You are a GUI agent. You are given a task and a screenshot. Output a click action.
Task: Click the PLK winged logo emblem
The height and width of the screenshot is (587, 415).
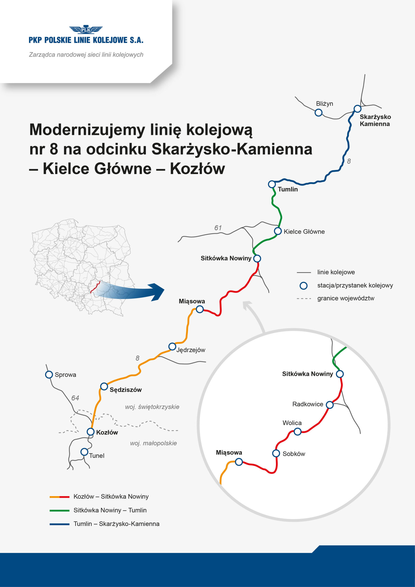click(86, 30)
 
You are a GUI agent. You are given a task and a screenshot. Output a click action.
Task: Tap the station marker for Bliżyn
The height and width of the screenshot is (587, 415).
click(318, 113)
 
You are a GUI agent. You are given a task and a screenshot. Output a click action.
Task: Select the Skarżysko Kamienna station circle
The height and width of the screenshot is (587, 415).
click(357, 109)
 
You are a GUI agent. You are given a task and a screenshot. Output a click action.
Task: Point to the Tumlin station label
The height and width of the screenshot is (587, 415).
click(288, 189)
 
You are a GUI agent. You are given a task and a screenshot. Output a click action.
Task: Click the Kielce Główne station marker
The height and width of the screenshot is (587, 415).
click(278, 231)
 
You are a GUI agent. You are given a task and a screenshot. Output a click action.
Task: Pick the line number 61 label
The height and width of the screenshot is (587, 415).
click(218, 227)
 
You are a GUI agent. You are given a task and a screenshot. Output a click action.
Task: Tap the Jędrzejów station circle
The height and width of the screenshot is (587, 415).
click(172, 347)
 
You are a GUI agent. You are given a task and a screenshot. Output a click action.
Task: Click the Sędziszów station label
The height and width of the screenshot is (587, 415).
click(126, 390)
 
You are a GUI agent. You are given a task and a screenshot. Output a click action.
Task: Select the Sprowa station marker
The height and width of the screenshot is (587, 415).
click(49, 374)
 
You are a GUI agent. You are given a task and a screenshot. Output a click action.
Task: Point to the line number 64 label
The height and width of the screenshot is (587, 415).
click(75, 398)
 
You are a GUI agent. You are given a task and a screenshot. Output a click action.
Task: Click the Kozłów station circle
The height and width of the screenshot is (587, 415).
click(91, 432)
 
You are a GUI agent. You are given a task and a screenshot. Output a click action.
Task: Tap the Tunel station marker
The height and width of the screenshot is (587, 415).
click(84, 452)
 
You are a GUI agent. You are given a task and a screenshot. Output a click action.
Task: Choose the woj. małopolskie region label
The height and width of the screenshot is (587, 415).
click(153, 443)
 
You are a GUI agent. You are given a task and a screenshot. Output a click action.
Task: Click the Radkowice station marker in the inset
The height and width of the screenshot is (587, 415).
click(330, 405)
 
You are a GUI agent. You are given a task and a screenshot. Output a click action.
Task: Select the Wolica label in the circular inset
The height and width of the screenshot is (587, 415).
click(292, 423)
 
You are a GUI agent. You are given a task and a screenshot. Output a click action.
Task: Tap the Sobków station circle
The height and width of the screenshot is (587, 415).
click(276, 453)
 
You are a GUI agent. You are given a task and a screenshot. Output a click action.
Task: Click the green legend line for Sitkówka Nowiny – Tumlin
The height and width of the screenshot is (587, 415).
click(59, 511)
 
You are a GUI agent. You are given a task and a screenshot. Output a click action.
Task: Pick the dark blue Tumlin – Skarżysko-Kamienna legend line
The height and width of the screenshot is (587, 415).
click(59, 524)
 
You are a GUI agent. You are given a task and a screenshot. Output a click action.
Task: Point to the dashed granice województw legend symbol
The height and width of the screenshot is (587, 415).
click(304, 298)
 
